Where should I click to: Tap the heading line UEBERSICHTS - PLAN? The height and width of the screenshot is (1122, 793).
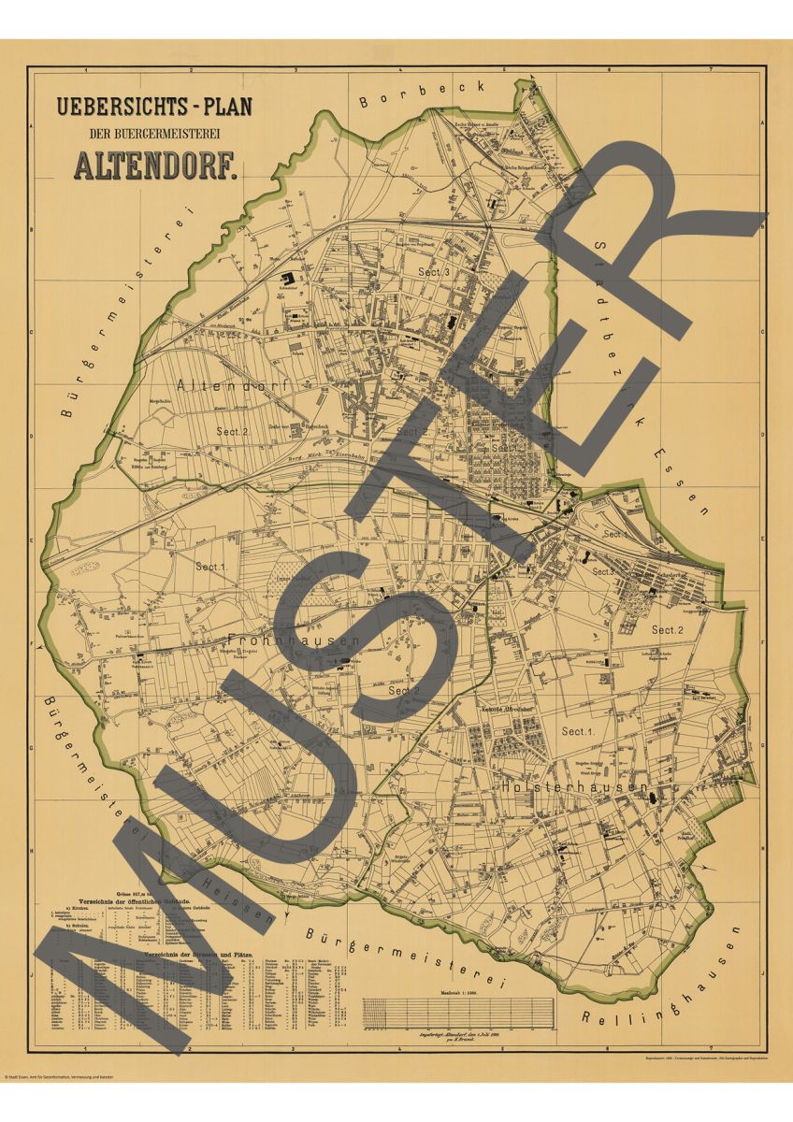click(x=154, y=106)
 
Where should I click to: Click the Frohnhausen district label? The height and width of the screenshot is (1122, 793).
click(x=294, y=640)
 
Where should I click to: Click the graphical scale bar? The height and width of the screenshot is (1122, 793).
click(x=458, y=1011)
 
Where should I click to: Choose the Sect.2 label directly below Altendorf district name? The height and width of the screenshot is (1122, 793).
click(x=231, y=431)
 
